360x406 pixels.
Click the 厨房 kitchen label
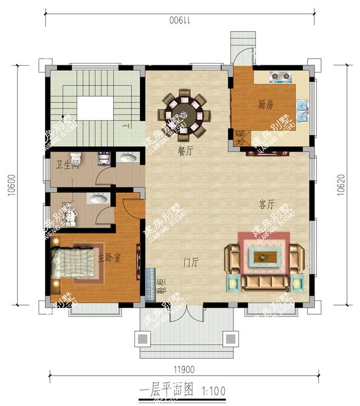pos(266,104)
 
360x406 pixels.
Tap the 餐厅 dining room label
pos(186,151)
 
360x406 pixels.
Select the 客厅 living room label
pos(267,204)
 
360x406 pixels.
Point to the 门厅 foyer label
pos(192,262)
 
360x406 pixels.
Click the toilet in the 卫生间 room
pos(75,158)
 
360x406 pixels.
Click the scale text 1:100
pos(214,389)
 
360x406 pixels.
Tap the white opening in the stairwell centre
pos(95,108)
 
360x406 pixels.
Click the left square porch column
pos(142,339)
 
